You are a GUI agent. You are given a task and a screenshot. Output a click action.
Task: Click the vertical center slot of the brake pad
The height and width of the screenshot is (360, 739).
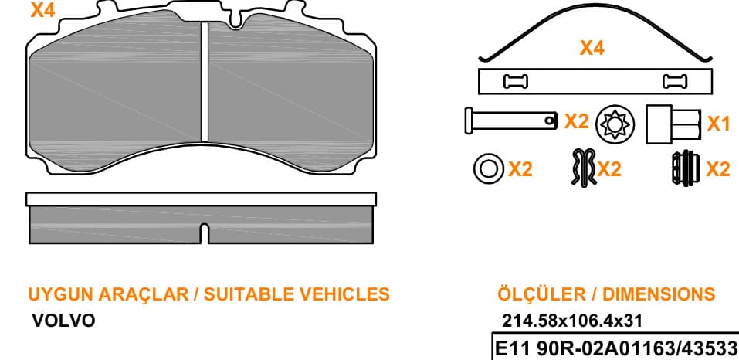(204, 82)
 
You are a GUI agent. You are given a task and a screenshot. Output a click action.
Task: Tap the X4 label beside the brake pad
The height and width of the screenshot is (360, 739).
(43, 10)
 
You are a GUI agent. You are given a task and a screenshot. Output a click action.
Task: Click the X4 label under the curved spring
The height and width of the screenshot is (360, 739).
(592, 48)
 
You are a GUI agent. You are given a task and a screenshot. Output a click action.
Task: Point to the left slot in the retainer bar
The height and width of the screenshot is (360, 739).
(516, 82)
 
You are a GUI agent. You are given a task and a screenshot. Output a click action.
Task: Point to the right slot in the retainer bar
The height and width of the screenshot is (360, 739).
(675, 82)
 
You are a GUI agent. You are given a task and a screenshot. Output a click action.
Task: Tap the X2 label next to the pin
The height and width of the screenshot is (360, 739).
(577, 121)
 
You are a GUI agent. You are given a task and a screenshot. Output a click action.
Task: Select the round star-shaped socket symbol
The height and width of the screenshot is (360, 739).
(615, 125)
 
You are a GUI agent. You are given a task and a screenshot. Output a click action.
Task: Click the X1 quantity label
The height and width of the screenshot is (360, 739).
(718, 124)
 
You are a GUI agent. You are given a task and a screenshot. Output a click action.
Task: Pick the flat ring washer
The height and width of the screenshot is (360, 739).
(489, 168)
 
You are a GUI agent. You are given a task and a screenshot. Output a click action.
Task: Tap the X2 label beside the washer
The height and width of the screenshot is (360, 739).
(520, 168)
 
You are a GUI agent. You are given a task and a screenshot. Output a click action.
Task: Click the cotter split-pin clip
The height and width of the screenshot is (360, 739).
(583, 168)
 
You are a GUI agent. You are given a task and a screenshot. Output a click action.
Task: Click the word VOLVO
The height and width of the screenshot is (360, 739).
(63, 321)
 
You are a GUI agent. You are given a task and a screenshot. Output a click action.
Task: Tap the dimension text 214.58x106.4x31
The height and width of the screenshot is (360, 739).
(572, 321)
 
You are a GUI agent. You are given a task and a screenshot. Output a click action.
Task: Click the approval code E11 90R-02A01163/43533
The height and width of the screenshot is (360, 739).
(615, 349)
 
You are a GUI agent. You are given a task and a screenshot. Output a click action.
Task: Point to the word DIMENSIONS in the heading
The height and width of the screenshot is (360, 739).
(659, 294)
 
